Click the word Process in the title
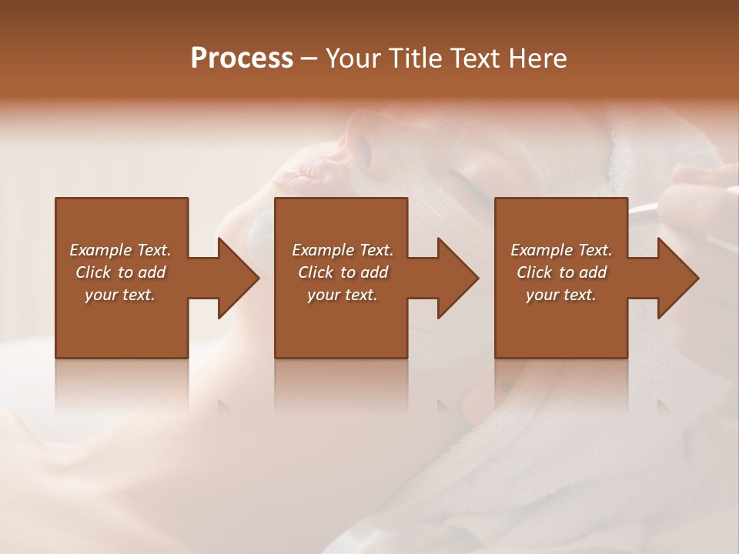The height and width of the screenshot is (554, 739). tap(242, 58)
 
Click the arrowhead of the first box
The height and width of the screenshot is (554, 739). tap(239, 278)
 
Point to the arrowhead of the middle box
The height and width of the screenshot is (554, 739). tap(459, 278)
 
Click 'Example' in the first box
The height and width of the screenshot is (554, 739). tap(100, 250)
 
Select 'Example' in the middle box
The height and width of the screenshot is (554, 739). tap(323, 250)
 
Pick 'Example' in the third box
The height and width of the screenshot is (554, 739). tap(541, 250)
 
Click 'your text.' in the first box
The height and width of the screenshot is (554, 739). tap(120, 295)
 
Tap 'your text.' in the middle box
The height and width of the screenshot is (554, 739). tap(342, 295)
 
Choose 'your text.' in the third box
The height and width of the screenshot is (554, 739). tap(561, 295)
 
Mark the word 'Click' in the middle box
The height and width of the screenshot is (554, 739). tap(316, 272)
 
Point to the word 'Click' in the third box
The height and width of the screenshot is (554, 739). tap(535, 272)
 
